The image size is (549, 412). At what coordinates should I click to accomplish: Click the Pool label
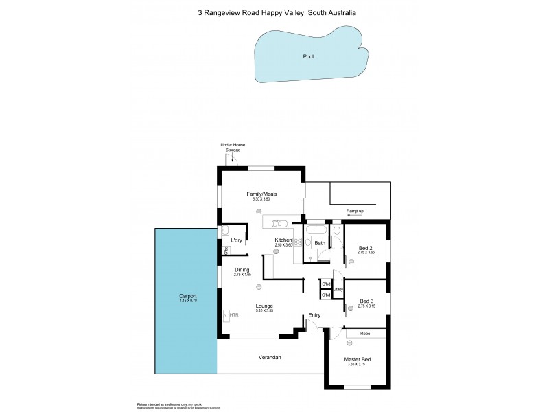coord(308,56)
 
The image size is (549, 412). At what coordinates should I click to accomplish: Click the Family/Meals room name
coord(258,194)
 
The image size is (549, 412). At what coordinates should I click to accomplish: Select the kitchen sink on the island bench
coord(278,222)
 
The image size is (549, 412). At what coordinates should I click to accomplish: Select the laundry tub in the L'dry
coord(224,231)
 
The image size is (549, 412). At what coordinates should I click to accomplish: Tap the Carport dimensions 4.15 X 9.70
coord(183,301)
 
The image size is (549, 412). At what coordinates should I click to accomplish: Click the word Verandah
coord(270,357)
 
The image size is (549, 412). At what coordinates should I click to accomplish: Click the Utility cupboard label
coord(338,289)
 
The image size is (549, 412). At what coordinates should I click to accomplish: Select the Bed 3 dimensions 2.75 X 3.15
coord(366,306)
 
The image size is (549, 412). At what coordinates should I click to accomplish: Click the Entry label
coord(315,315)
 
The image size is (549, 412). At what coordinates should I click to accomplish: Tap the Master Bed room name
coord(357,360)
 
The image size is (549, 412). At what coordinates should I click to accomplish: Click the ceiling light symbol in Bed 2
coord(366,264)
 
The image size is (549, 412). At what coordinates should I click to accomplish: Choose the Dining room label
coord(242,269)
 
